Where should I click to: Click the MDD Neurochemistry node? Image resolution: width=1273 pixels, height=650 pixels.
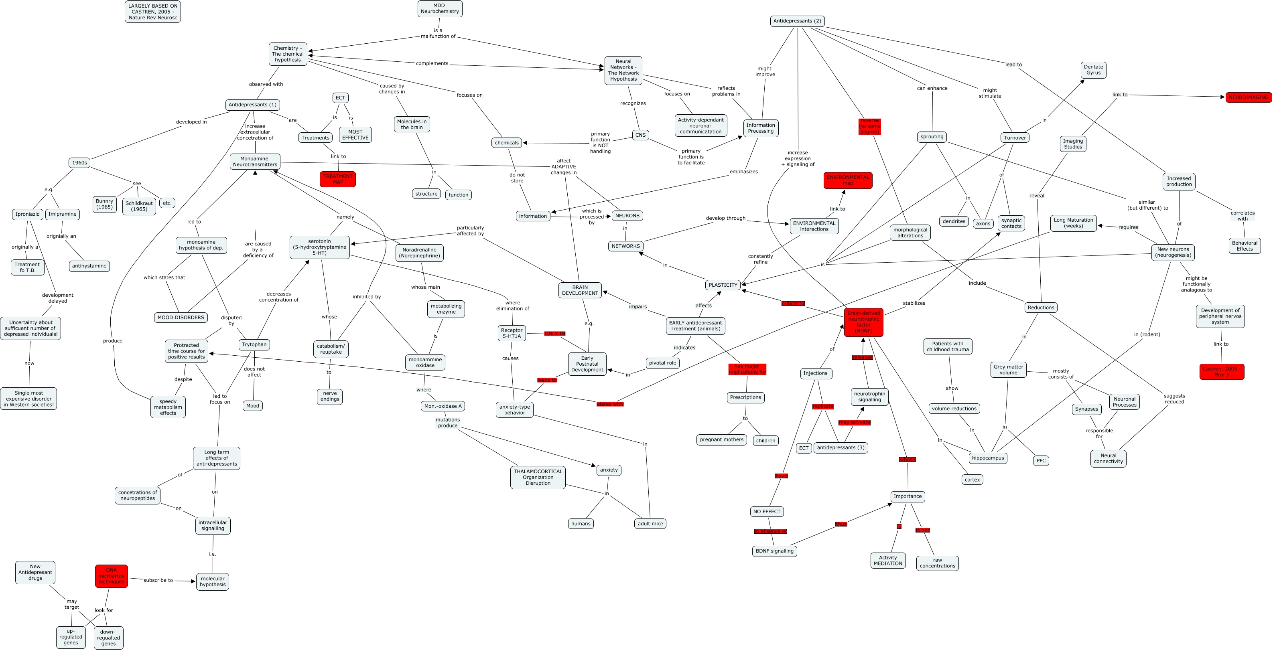pos(439,8)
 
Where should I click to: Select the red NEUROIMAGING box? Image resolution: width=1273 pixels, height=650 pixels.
pos(1248,97)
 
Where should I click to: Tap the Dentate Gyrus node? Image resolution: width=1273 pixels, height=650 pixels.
pos(1093,70)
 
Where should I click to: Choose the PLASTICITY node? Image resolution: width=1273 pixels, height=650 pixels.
pos(723,285)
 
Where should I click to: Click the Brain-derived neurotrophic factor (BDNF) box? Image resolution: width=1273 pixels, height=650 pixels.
pos(863,322)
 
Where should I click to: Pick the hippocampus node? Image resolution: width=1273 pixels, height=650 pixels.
pos(987,458)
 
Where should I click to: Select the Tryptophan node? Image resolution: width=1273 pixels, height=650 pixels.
pos(254,344)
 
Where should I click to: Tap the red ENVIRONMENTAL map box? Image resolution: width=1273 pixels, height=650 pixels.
pos(847,180)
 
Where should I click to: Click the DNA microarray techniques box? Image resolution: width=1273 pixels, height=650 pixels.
pos(111,576)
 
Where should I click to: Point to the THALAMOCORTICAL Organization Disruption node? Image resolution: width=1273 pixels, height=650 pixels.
pos(538,477)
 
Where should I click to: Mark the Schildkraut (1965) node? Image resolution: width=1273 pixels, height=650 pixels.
pos(139,206)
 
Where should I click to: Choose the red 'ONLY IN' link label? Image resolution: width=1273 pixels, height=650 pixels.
pos(554,333)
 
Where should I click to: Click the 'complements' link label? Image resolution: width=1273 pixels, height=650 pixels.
pos(432,63)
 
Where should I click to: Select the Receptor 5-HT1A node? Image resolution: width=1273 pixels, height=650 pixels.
pos(512,333)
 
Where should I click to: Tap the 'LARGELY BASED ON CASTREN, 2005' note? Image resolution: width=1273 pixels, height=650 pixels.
pos(153,11)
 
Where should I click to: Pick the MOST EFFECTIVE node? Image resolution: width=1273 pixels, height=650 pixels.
pos(355,135)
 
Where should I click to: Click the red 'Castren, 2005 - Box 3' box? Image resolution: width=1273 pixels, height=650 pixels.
pos(1222,371)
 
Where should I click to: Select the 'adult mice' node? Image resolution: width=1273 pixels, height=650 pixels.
pos(650,524)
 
